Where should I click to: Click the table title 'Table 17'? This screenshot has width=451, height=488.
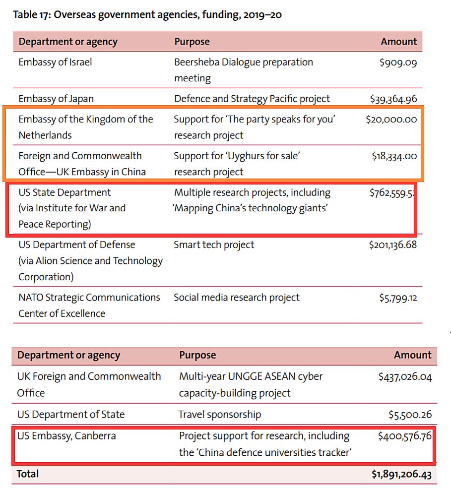pos(32,14)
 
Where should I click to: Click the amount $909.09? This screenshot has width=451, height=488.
pos(398,62)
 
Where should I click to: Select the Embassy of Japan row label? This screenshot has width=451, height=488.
pos(56,99)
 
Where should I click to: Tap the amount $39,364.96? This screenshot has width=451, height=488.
pos(393,99)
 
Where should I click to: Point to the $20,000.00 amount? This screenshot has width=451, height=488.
pos(391,119)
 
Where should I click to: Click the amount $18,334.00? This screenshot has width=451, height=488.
pos(394,156)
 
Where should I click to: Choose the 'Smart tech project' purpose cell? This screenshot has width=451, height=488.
pos(214,244)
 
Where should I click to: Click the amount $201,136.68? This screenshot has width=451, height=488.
pos(393,244)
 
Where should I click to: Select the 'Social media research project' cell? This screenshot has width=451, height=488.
pos(237,298)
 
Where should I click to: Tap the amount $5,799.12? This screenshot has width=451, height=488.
pos(398,298)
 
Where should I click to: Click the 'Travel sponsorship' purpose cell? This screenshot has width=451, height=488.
pos(220,414)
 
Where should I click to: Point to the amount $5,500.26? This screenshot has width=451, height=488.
pos(410,414)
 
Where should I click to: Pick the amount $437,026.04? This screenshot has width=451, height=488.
pos(405,377)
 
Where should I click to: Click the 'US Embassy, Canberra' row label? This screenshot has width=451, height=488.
pos(66,436)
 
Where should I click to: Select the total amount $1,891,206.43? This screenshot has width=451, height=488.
pos(401,474)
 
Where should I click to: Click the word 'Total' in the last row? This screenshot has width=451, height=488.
pos(28,474)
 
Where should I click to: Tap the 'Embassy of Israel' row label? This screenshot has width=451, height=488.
pos(55,62)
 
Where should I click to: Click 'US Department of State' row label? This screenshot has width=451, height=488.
pos(71,414)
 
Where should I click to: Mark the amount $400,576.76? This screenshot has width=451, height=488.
pos(405,436)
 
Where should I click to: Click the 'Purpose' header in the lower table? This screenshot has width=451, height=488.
pos(197,355)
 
